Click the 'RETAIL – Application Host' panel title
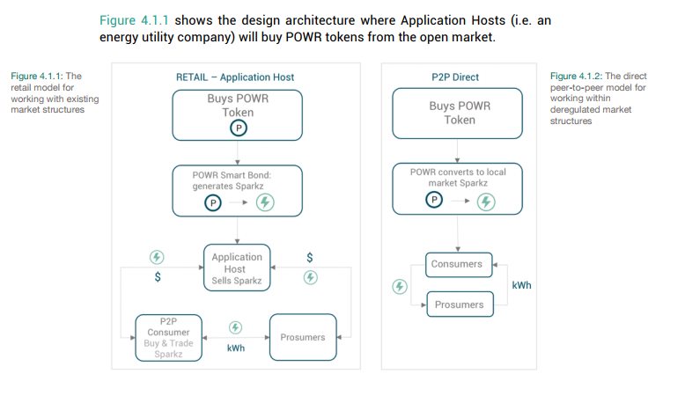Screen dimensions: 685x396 [235, 77]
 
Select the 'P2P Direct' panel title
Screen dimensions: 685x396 [455, 77]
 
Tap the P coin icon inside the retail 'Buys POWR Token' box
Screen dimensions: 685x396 [239, 128]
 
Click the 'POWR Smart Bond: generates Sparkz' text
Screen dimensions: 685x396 [232, 180]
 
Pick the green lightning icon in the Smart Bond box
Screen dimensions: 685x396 [265, 202]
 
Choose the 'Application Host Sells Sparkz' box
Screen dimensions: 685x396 [237, 268]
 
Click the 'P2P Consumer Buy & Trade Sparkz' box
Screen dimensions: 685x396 [169, 338]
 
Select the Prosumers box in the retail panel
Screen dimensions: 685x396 [303, 337]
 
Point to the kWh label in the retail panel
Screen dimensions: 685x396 [236, 348]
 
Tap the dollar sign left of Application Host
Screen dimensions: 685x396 [158, 277]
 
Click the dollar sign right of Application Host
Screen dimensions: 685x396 [310, 258]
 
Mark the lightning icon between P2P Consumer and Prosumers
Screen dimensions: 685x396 [235, 327]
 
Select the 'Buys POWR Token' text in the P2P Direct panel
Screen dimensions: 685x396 [460, 113]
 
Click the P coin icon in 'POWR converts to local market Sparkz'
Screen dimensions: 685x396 [434, 200]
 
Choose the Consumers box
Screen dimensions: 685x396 [459, 265]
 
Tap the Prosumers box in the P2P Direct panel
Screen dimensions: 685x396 [460, 304]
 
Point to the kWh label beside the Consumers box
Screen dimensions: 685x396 [521, 285]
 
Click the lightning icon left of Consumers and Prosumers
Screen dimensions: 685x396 [400, 287]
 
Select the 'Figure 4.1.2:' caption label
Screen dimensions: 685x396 [576, 76]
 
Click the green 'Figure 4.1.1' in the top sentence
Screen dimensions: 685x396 [134, 20]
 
